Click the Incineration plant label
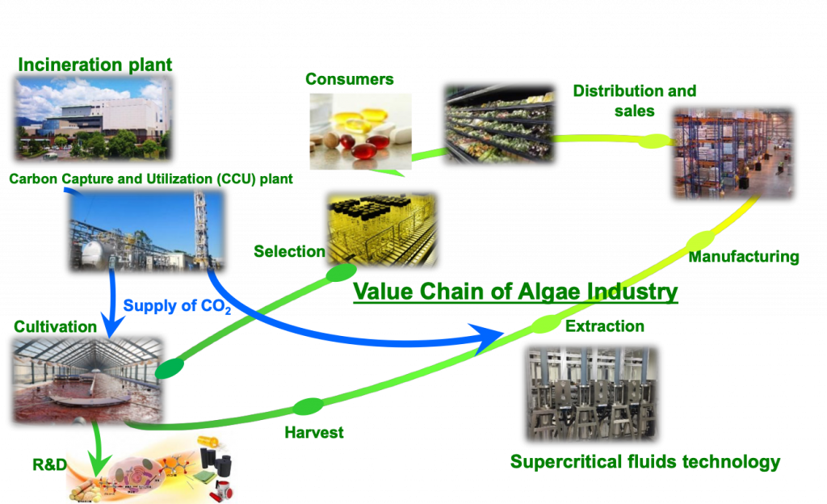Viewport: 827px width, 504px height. click(x=95, y=65)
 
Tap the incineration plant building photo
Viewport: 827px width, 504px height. click(x=94, y=118)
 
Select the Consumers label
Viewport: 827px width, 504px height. click(x=349, y=79)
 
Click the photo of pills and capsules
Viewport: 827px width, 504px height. click(x=360, y=132)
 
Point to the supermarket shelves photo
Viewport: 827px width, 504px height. click(x=499, y=124)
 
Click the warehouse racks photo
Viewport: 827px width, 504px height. click(x=733, y=154)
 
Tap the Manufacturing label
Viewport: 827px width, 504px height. click(x=744, y=257)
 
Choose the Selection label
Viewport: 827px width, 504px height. click(x=289, y=251)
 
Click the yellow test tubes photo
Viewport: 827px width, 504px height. click(x=382, y=230)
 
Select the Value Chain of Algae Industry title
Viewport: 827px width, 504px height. click(x=515, y=292)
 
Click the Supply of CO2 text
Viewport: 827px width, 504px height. click(x=177, y=306)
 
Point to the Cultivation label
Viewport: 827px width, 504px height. click(x=56, y=327)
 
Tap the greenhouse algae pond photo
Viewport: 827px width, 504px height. click(x=87, y=380)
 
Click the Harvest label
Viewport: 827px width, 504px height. click(x=314, y=433)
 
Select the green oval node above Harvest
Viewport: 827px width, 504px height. click(x=308, y=406)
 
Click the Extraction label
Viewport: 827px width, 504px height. click(x=604, y=326)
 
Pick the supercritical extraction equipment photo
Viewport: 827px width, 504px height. click(x=592, y=394)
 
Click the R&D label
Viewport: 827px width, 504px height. click(x=49, y=464)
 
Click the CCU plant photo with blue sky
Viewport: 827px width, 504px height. click(x=147, y=231)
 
